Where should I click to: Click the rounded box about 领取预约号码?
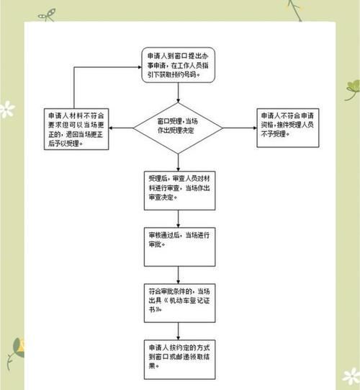179,65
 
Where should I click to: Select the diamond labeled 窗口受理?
179,128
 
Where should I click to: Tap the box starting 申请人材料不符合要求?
76,128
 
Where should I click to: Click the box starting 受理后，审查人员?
179,190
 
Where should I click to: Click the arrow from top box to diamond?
179,94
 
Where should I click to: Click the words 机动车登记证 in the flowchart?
184,300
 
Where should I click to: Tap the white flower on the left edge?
6,110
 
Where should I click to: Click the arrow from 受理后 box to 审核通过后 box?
179,220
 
